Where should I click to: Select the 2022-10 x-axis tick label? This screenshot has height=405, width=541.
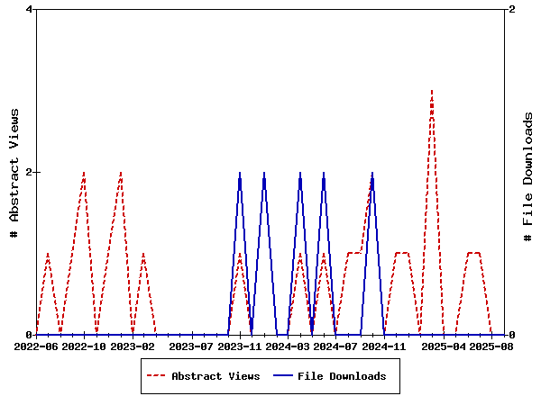tap(84, 346)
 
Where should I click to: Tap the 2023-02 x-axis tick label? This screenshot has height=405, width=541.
tap(133, 346)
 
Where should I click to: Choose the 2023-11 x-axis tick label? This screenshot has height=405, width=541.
tap(241, 346)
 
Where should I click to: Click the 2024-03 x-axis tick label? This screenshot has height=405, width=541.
tap(289, 346)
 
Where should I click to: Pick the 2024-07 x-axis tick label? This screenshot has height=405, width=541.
tap(336, 346)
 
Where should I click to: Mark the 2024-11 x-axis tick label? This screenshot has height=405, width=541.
tap(384, 346)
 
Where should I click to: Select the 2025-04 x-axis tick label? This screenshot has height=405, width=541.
tap(445, 346)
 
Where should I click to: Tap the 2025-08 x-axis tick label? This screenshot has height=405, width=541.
tap(492, 346)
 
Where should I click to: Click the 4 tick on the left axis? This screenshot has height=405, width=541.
tap(30, 10)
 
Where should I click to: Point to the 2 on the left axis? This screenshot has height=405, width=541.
tap(30, 172)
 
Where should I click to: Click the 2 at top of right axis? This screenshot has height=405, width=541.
tap(512, 10)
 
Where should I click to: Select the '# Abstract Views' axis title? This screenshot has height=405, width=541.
tap(14, 172)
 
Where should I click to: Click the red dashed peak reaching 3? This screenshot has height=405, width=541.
tap(432, 91)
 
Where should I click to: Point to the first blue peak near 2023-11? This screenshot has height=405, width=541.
tap(240, 173)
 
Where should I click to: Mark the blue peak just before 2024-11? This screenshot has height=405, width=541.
tap(371, 173)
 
